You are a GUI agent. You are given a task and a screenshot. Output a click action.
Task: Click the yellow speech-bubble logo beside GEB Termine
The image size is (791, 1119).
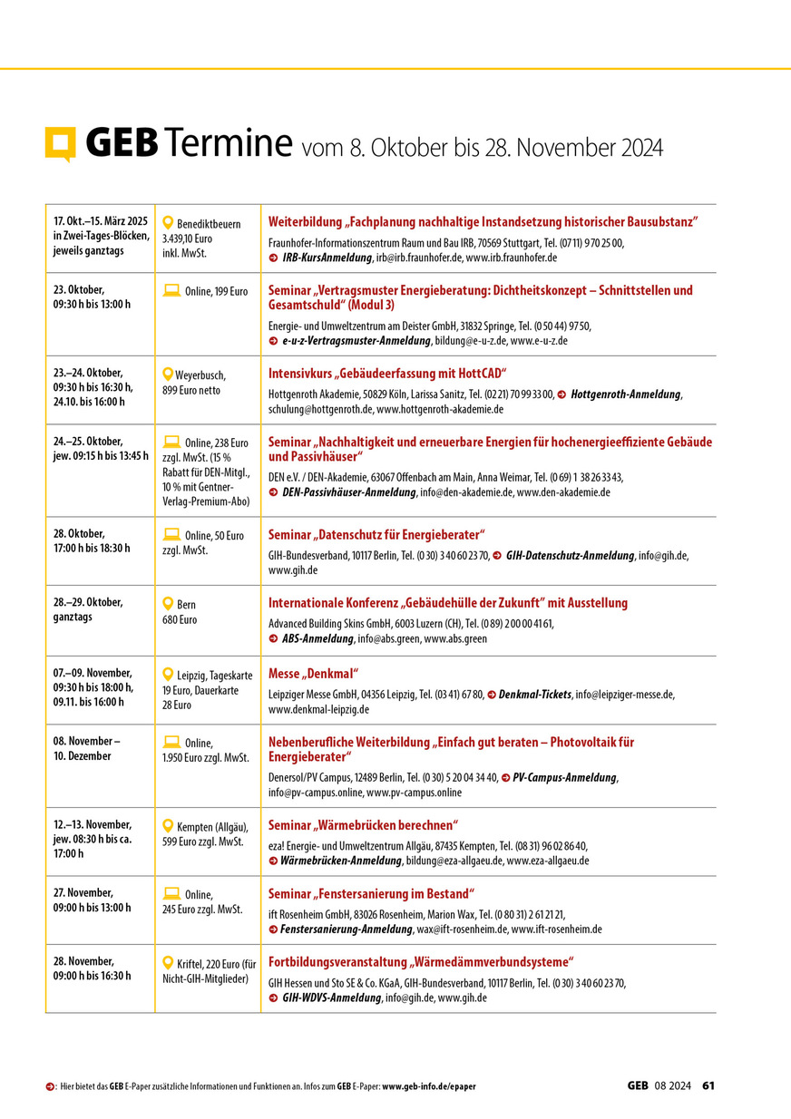click(61, 143)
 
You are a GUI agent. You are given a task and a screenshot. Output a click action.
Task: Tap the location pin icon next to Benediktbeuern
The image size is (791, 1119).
click(168, 222)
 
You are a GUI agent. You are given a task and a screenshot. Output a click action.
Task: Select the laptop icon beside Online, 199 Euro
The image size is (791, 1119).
click(171, 291)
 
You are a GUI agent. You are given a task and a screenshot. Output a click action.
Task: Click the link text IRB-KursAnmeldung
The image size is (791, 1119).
click(327, 258)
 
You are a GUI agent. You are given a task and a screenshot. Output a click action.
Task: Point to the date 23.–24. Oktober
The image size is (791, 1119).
click(88, 373)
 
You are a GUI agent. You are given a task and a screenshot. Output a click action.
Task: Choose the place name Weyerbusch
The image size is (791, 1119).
click(200, 375)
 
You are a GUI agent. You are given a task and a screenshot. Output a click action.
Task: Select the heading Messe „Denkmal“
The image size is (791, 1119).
click(314, 674)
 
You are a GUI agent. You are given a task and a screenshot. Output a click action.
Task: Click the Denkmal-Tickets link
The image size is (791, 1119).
click(534, 694)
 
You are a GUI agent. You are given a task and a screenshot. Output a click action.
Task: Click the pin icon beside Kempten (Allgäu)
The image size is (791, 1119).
click(168, 825)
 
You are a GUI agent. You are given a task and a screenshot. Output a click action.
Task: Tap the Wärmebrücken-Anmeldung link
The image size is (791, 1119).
click(341, 861)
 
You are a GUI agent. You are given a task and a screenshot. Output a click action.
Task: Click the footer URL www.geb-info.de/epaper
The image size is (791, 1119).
click(429, 1086)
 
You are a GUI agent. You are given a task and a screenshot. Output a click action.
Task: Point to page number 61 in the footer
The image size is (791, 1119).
click(709, 1085)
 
